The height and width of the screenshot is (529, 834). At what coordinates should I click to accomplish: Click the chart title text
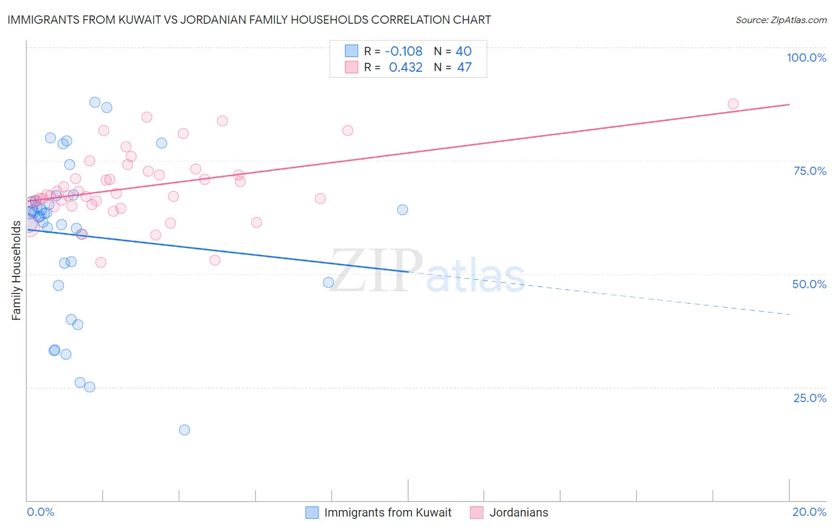pos(249,20)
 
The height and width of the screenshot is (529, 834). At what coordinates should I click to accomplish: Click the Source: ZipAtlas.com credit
pos(781,20)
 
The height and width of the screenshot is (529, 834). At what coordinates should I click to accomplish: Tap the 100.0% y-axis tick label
pos(806,58)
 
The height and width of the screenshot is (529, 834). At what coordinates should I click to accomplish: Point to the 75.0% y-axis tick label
pos(810,171)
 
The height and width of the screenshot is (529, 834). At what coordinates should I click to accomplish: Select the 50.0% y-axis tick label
pos(809,284)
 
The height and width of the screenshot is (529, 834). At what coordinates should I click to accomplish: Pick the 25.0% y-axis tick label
pos(810,398)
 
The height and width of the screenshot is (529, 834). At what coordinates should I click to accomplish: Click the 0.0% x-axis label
pos(40,512)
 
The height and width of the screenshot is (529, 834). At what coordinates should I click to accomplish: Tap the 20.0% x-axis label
pos(809,512)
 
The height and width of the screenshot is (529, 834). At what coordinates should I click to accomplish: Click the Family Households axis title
pos(16,270)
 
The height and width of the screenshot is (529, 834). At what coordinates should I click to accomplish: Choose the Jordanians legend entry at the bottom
pos(518,512)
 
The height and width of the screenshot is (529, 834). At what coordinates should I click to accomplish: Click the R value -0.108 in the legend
pos(403,52)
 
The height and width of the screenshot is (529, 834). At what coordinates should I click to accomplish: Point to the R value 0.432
pos(406,67)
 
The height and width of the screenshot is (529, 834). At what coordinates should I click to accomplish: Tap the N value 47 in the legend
pos(464,67)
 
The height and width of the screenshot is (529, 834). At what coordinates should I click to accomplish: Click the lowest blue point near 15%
pos(184,430)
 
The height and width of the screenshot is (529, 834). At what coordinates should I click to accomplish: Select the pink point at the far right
pos(733,104)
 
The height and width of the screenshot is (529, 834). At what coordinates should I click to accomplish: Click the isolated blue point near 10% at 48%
pos(328,282)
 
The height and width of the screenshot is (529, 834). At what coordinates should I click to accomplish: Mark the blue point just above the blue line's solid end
pos(403,209)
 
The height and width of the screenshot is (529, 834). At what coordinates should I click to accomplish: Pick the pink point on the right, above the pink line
pos(348,130)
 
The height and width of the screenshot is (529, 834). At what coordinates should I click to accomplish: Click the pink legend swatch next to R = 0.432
pos(352,67)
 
